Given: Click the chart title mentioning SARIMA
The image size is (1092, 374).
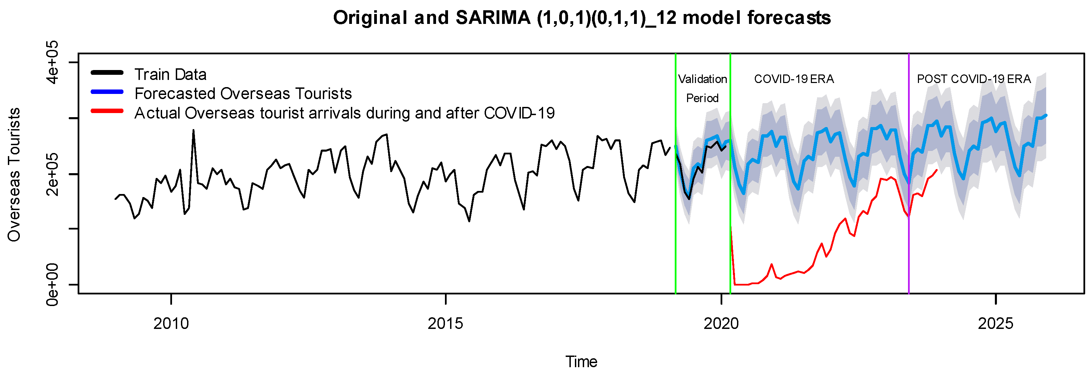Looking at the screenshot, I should (582, 18).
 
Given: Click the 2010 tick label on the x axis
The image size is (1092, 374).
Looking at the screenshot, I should (171, 323).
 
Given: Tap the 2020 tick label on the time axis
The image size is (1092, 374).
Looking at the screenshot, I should (721, 323).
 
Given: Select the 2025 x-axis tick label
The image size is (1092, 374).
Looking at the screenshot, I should (995, 323).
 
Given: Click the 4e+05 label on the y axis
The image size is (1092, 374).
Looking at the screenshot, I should (53, 62).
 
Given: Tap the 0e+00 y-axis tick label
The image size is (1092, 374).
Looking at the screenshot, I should (53, 284).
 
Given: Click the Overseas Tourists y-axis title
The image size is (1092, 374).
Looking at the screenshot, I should (14, 175).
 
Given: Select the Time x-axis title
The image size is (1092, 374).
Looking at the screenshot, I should (581, 362).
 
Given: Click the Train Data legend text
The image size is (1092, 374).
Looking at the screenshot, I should (170, 74).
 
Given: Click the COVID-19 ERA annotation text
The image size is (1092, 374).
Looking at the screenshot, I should (793, 79).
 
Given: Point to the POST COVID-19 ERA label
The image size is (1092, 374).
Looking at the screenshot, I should (974, 79).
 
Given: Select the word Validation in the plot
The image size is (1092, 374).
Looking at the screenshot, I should (702, 79).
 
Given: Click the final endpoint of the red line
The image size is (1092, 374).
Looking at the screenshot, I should (936, 170).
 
